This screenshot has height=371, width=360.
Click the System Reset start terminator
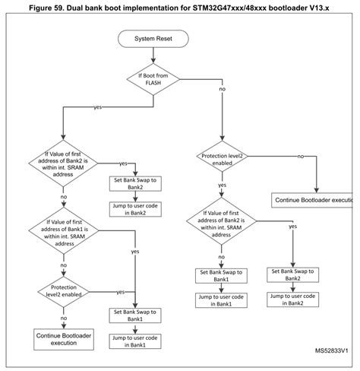click(158, 38)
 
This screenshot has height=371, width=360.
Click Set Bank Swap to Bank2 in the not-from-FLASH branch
click(292, 276)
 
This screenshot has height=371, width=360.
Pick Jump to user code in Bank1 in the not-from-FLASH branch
click(223, 300)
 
